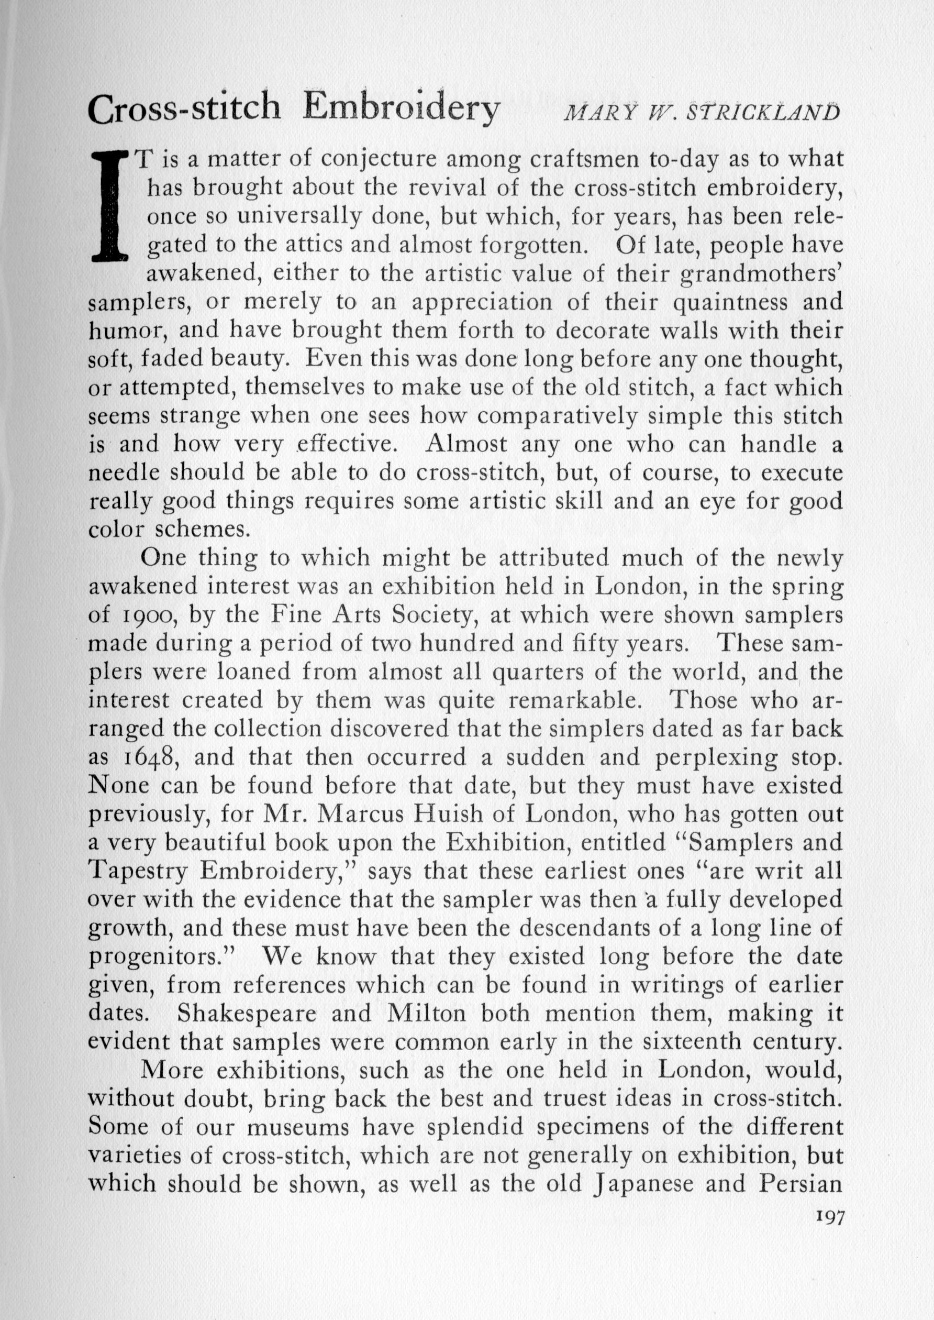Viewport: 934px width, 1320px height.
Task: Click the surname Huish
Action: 477,815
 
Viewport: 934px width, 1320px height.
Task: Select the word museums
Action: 297,1127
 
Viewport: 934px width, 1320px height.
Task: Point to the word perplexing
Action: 716,757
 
